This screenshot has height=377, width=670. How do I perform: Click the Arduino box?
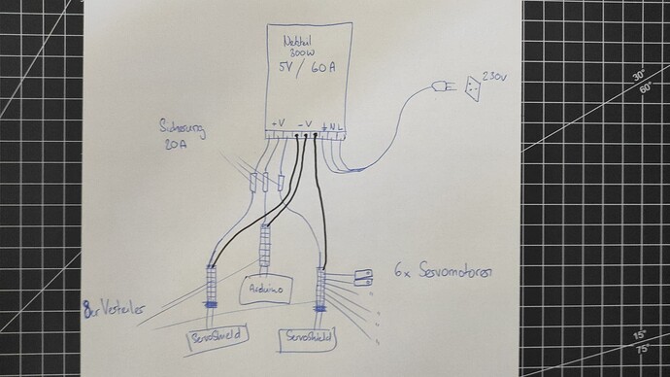(261, 289)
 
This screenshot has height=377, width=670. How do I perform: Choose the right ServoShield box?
(310, 336)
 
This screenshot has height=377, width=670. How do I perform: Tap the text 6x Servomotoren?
(446, 273)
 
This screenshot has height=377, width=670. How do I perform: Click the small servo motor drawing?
(365, 276)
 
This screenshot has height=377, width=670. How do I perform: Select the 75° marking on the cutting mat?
(642, 350)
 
